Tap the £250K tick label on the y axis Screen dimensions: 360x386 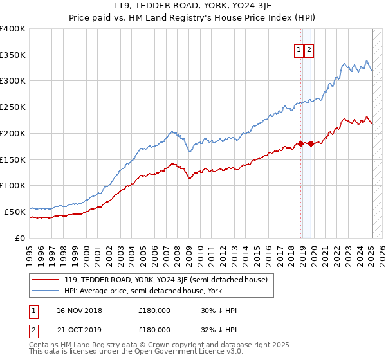13,107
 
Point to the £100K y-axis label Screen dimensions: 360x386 13,185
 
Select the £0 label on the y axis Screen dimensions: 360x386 21,237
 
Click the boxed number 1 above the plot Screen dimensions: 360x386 300,51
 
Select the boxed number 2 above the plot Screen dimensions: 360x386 309,51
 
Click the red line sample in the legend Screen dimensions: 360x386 46,279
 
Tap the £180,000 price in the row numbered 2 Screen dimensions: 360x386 154,329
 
